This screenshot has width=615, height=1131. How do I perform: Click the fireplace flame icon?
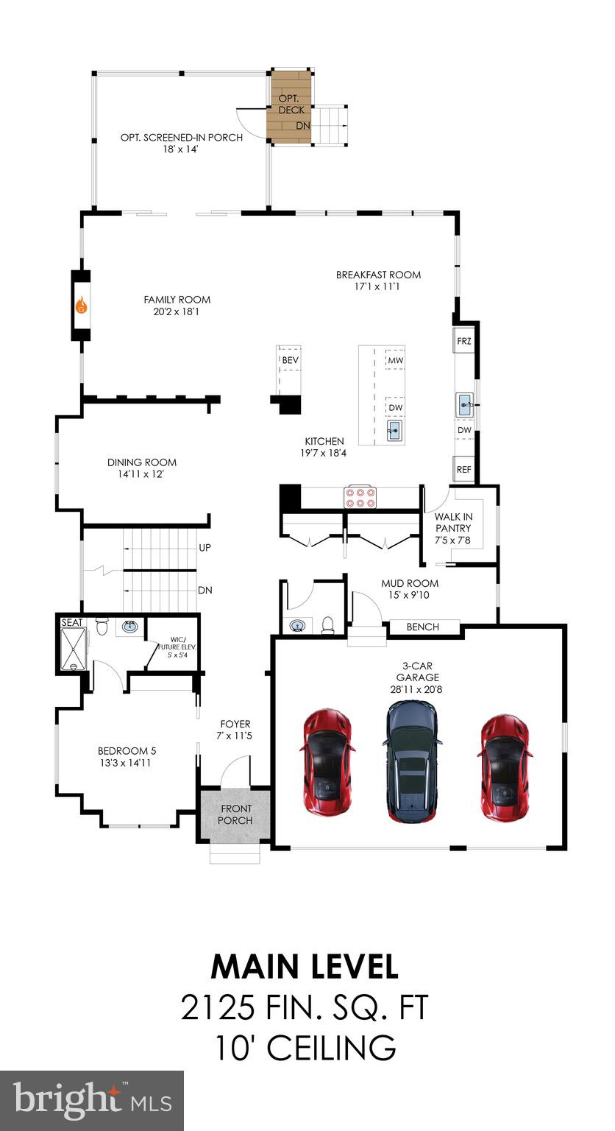tap(81, 305)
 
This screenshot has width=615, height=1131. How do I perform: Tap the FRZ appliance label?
tap(463, 341)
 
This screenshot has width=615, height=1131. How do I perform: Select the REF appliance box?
tap(463, 469)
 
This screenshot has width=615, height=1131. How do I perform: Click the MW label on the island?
tap(396, 360)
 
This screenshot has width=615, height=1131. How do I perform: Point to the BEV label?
tap(289, 359)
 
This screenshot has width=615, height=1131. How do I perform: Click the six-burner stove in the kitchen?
tap(360, 497)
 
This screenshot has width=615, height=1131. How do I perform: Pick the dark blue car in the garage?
tap(411, 760)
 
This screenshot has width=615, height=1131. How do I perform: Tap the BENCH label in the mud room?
tap(422, 627)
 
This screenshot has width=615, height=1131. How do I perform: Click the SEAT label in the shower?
tap(73, 622)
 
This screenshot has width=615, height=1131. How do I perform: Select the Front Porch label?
tap(235, 814)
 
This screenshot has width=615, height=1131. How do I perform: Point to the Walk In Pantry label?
tap(453, 528)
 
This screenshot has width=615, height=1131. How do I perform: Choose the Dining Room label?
tap(142, 462)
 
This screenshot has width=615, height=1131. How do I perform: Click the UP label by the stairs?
tap(205, 549)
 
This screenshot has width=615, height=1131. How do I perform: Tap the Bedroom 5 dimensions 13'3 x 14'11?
tap(127, 763)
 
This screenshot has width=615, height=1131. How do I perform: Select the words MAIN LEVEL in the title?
tap(305, 966)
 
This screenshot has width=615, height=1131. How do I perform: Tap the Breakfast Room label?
tap(378, 275)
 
